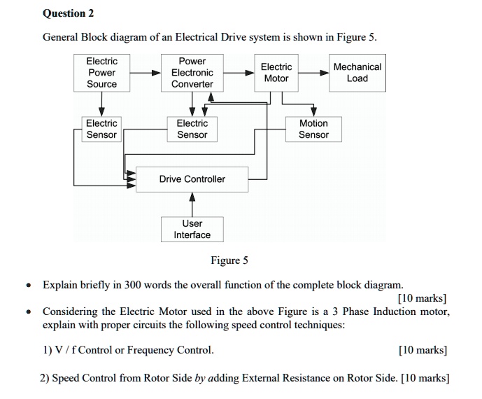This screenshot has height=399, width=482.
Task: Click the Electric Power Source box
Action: click(x=101, y=73)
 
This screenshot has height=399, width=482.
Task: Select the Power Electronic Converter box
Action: click(x=192, y=73)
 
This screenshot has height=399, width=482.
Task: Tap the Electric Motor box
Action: click(x=276, y=73)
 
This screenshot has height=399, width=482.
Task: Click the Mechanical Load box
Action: click(x=357, y=73)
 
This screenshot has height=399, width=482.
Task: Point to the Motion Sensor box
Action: click(x=313, y=129)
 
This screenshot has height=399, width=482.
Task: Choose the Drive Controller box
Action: click(x=192, y=179)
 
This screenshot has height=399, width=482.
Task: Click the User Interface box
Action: click(x=192, y=229)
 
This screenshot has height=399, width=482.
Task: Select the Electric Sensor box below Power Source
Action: click(x=101, y=129)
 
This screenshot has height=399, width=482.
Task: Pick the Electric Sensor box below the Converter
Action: click(x=192, y=129)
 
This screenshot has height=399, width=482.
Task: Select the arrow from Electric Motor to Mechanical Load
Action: click(x=314, y=73)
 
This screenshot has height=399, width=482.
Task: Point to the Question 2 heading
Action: click(x=68, y=13)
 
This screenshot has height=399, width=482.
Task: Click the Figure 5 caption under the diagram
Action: click(x=229, y=261)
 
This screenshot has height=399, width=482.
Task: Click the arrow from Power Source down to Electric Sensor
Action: click(x=101, y=104)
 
